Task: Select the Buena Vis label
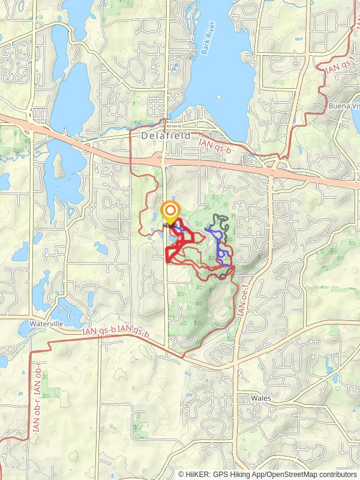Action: pyautogui.click(x=344, y=106)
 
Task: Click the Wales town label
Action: pyautogui.click(x=262, y=398)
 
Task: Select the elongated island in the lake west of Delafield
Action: pyautogui.click(x=59, y=164)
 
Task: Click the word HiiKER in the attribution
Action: pyautogui.click(x=198, y=474)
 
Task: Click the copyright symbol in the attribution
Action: pyautogui.click(x=181, y=474)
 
